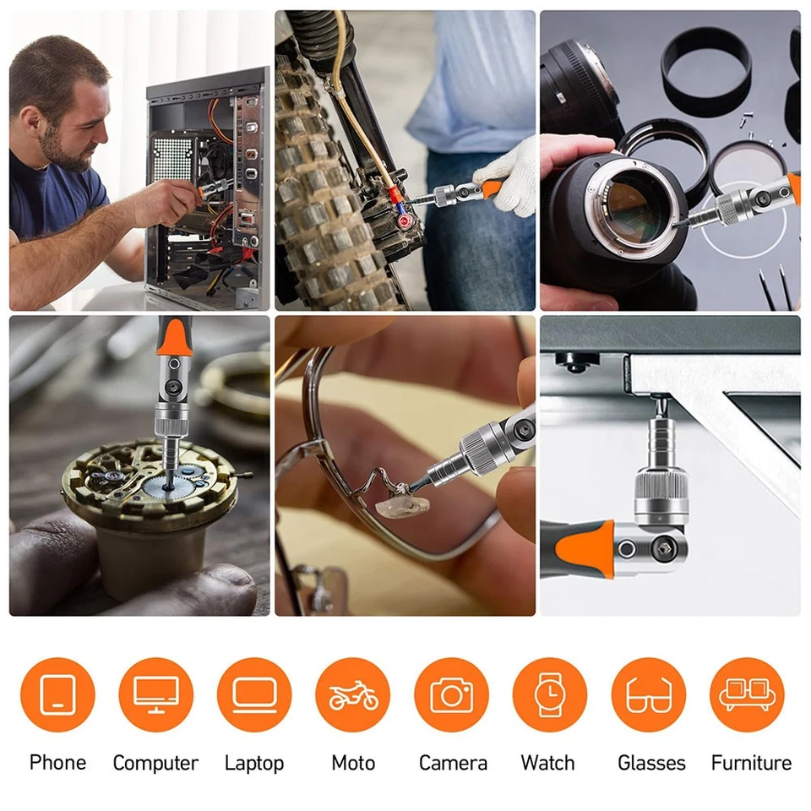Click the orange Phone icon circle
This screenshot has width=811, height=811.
57,694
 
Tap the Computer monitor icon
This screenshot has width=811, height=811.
155,694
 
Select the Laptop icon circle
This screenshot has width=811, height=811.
254,694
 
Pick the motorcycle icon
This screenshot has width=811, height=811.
353,695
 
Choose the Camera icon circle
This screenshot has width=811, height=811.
451,694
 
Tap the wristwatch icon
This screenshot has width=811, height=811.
550,694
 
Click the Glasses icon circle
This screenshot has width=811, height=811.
649,694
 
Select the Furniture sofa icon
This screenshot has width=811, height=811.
748,694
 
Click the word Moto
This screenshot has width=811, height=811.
353,762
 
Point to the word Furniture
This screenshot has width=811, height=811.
751,762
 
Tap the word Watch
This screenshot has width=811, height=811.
547,762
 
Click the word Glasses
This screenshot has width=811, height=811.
651,762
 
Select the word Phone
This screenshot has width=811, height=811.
58,762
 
